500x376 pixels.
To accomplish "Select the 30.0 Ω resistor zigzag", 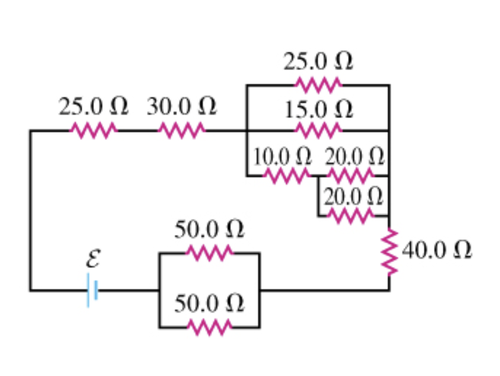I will click(x=181, y=130).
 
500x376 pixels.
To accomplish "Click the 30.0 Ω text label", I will click(x=181, y=107).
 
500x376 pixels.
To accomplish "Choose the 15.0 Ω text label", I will click(x=318, y=109).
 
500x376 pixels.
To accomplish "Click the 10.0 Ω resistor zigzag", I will click(x=287, y=175).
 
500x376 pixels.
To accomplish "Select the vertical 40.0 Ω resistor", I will click(x=389, y=251).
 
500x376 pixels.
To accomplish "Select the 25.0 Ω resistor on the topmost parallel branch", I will click(x=318, y=85).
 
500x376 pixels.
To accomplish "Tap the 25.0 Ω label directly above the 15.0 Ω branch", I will click(x=318, y=61).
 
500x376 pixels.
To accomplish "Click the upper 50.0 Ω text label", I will click(x=209, y=229).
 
